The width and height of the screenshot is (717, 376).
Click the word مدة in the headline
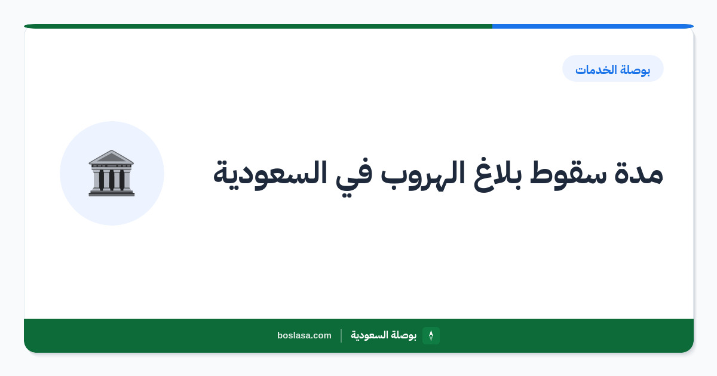(639, 174)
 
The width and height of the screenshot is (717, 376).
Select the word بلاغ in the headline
(498, 174)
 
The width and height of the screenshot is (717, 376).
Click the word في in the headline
(354, 178)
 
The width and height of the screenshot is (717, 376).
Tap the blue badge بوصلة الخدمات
(613, 69)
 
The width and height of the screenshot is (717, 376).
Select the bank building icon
(111, 173)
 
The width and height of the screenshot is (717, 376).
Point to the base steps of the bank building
(111, 193)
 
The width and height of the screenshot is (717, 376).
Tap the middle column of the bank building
(111, 180)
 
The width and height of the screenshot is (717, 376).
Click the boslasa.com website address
(304, 335)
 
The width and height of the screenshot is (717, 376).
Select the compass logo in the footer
(431, 335)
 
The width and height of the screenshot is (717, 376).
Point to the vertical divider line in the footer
(341, 335)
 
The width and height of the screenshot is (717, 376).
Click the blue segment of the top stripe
(593, 26)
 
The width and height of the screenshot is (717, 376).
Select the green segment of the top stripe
(258, 26)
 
